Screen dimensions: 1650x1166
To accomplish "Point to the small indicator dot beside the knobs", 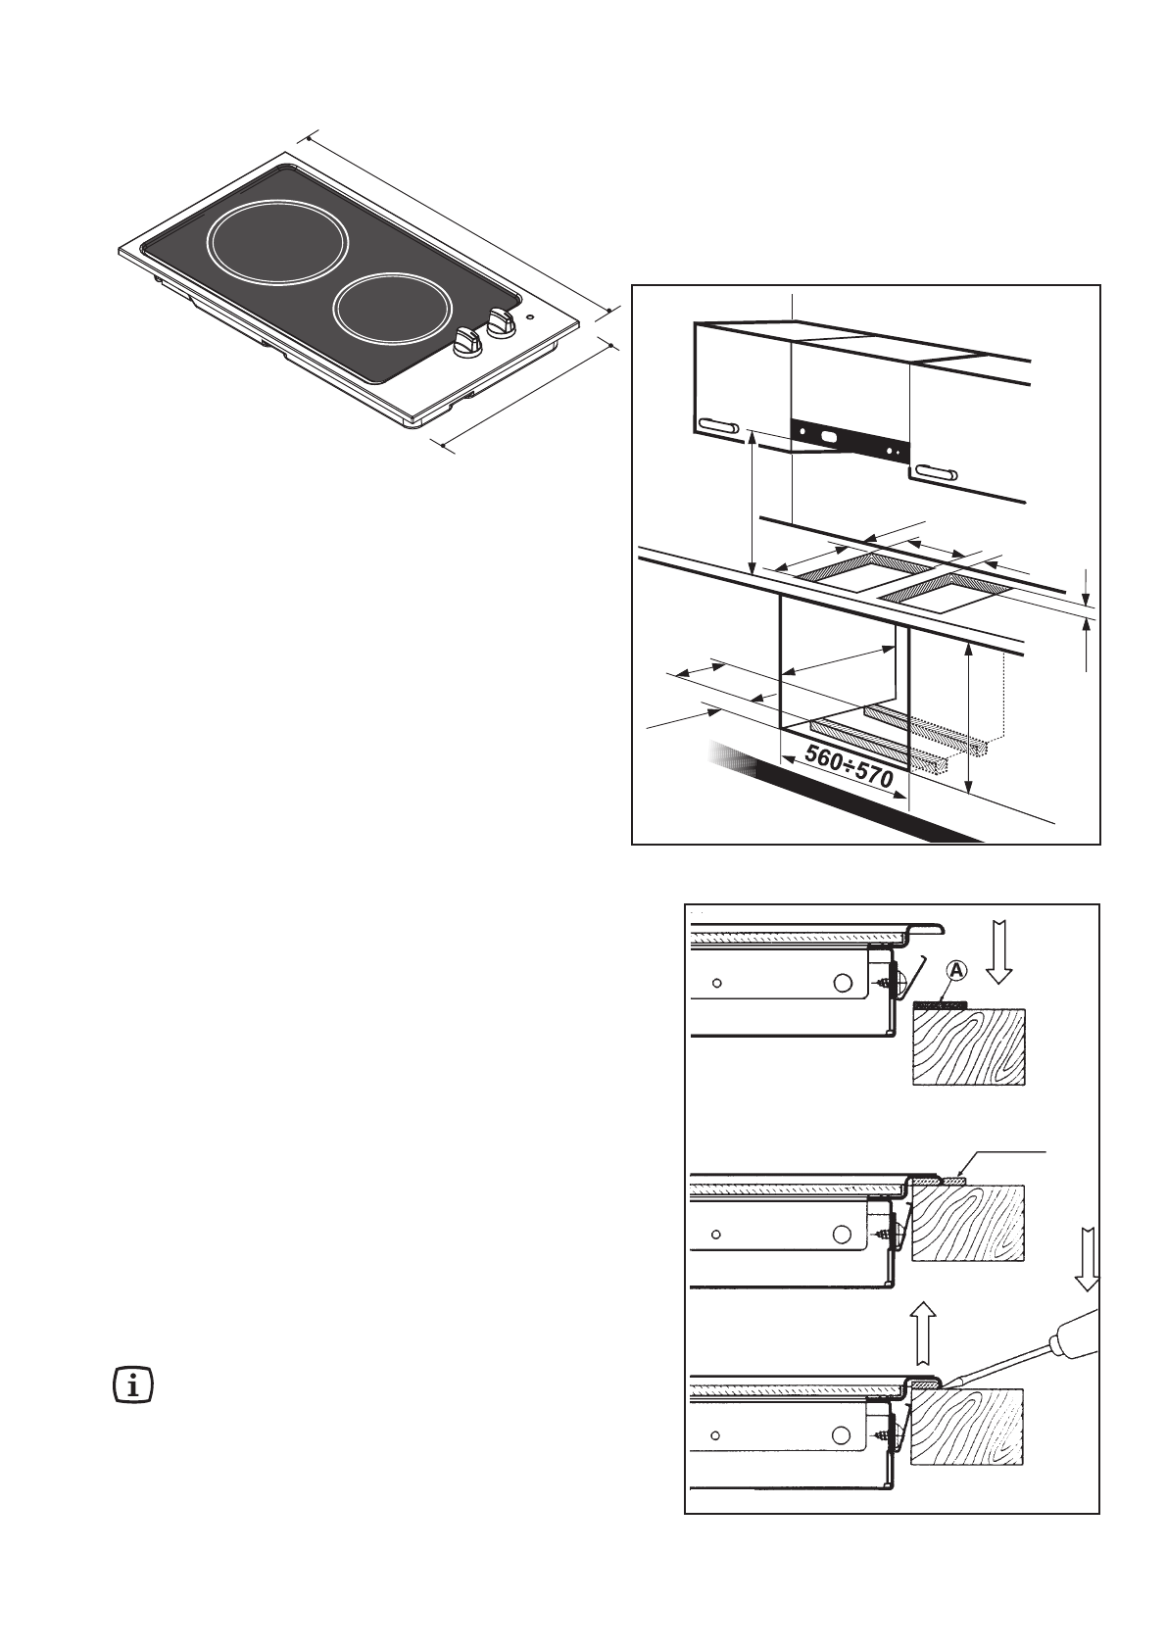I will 529,316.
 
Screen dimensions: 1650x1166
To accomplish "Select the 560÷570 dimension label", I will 849,766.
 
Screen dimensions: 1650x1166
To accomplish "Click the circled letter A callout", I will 956,971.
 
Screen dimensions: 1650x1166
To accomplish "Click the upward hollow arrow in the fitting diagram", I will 923,1334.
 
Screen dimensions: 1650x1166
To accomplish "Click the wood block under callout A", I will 968,1047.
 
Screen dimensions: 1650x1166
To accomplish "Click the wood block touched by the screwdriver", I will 966,1428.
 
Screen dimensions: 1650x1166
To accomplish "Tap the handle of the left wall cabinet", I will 719,426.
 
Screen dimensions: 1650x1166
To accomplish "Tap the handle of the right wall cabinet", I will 935,474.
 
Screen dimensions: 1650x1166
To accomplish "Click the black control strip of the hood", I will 849,441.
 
